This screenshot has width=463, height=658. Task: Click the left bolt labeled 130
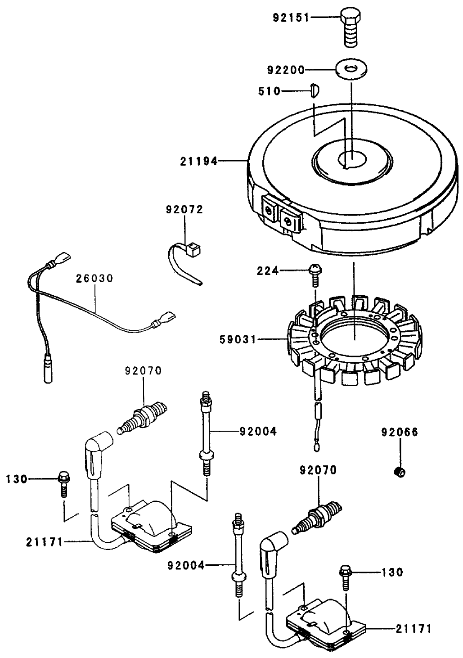click(x=63, y=480)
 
